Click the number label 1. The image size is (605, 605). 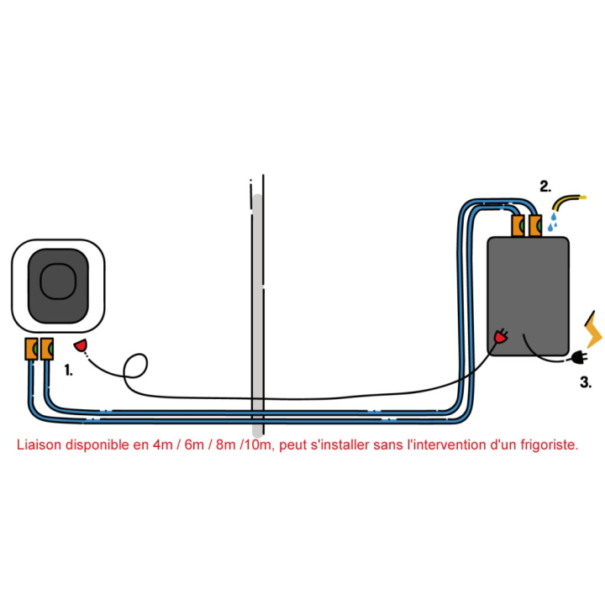[x=69, y=371]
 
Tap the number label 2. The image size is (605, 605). [x=545, y=187]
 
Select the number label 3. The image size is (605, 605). [x=586, y=382]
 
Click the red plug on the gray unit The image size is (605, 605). [x=501, y=337]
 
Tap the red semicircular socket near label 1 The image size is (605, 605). [x=81, y=345]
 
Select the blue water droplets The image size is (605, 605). [x=553, y=222]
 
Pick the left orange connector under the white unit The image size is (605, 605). [x=31, y=349]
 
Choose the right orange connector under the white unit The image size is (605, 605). [x=47, y=349]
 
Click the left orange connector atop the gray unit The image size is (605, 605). [x=518, y=225]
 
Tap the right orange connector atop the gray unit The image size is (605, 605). [x=535, y=225]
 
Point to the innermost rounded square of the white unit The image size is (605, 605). [x=58, y=281]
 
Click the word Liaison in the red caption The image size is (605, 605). [x=39, y=445]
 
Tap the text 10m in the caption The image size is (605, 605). [x=257, y=445]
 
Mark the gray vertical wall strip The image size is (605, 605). [x=257, y=315]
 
